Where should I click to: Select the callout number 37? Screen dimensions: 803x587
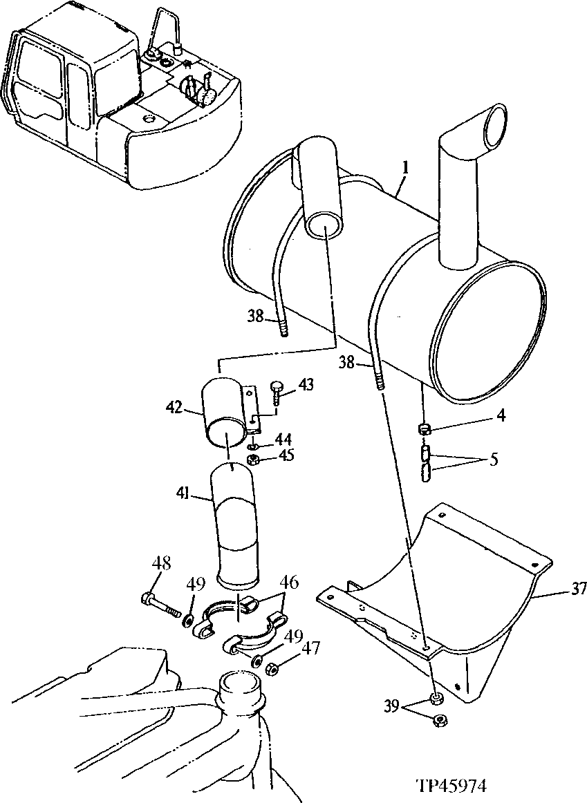[x=578, y=589]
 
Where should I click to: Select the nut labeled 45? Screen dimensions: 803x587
[x=253, y=461]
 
